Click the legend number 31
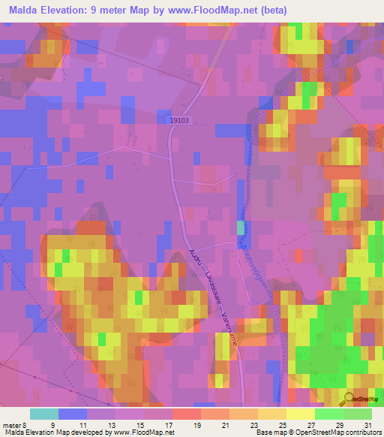[x=367, y=424]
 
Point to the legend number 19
[x=196, y=424]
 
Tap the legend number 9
[x=73, y=424]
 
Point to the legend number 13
[x=111, y=424]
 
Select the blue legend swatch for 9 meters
[x=73, y=414]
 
